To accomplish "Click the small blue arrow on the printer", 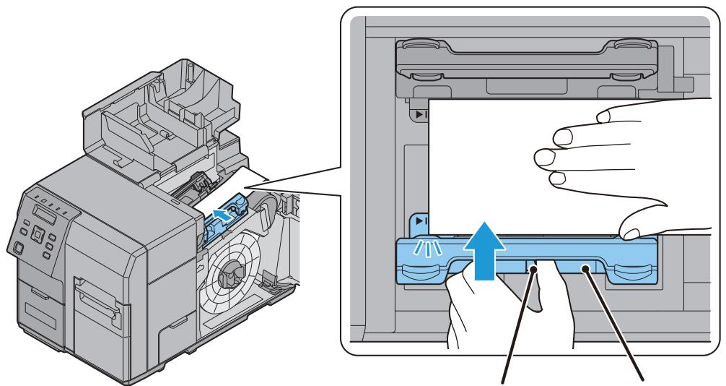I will [x=224, y=213].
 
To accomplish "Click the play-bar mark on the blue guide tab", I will [x=419, y=218].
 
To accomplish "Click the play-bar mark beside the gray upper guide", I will [x=419, y=114].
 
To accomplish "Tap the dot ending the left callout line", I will [x=535, y=270].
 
